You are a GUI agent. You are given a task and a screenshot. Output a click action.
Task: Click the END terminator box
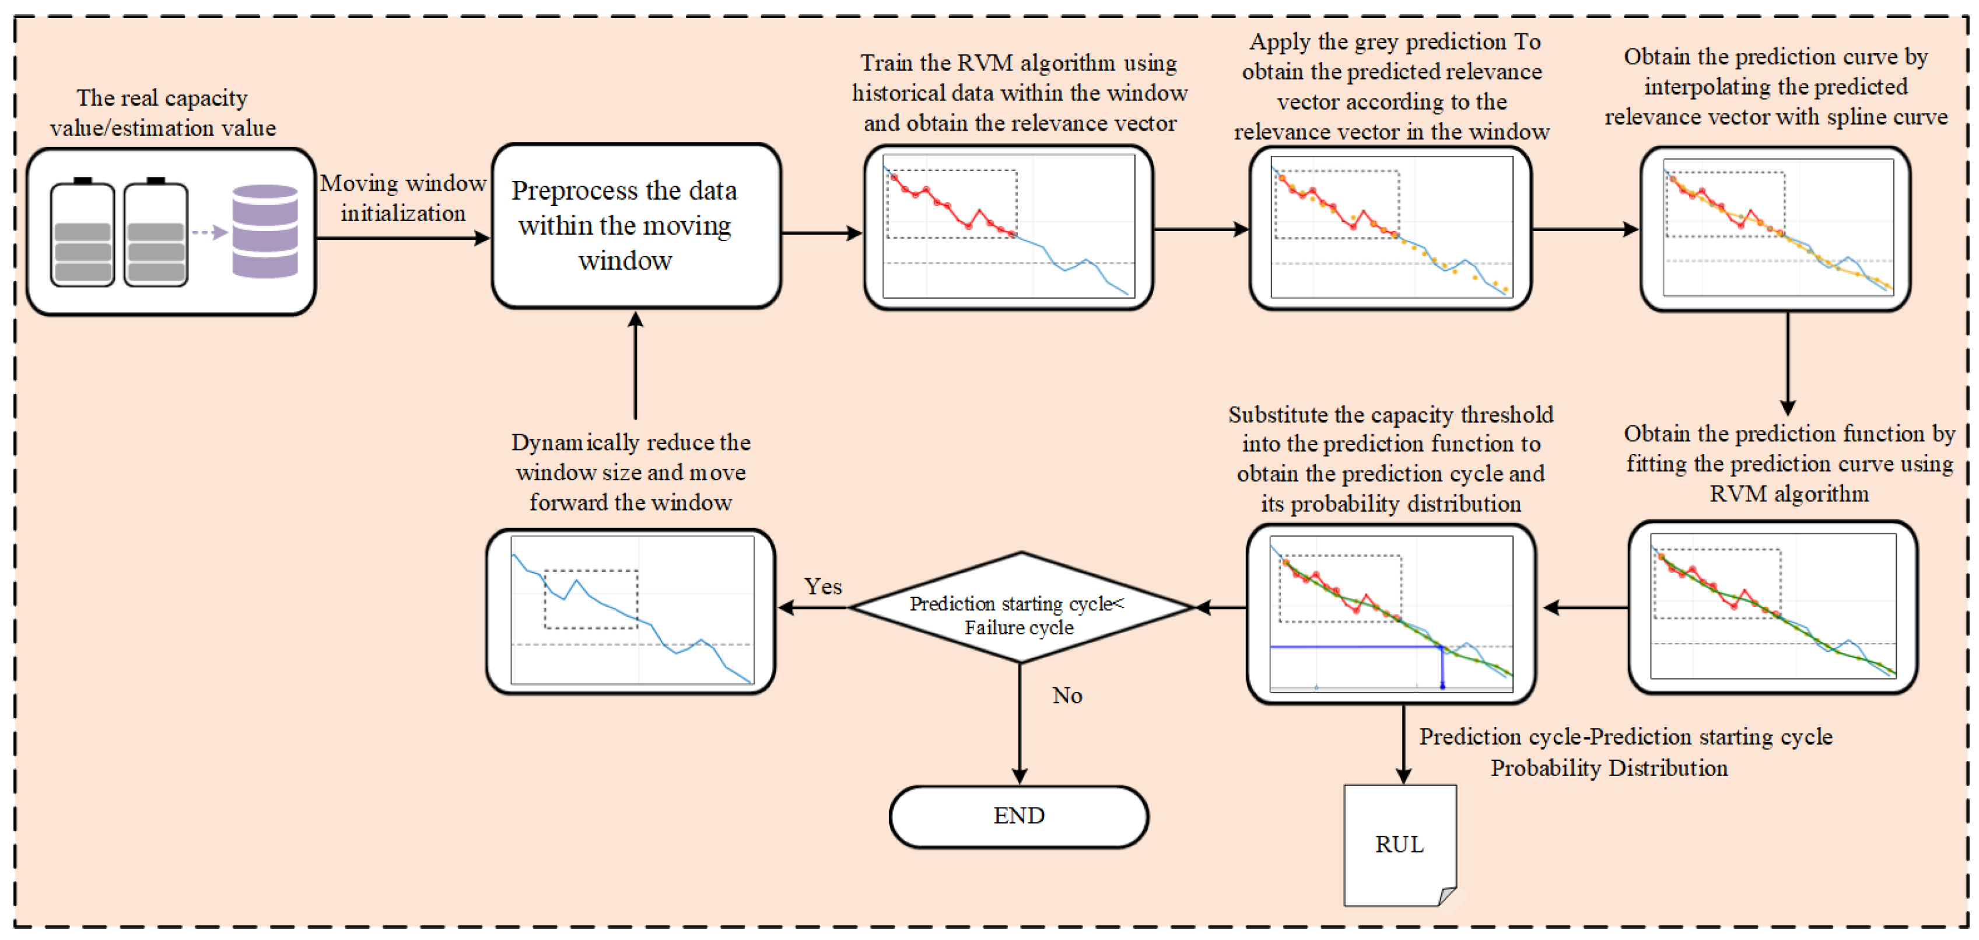[1019, 816]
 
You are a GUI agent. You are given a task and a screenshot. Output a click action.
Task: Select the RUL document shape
[1399, 845]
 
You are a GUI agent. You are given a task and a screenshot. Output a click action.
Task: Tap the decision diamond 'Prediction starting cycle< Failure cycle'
[1020, 607]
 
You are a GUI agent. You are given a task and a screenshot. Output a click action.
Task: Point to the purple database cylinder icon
[265, 230]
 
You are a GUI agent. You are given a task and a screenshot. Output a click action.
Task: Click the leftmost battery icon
[82, 235]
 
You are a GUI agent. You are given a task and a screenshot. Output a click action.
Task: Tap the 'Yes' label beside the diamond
[823, 586]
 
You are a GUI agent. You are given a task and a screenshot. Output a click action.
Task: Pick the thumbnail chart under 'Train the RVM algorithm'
[1008, 227]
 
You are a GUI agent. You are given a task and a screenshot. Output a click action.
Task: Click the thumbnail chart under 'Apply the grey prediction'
[1390, 227]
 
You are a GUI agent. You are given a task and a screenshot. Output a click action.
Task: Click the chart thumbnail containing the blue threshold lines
[1390, 613]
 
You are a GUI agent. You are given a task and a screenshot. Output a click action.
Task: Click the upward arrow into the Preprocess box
[635, 365]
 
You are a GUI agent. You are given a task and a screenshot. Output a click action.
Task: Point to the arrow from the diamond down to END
[1020, 722]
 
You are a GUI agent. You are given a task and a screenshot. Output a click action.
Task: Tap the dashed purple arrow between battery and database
[209, 232]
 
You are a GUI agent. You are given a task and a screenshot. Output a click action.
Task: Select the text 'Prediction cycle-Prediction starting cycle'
[1625, 737]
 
